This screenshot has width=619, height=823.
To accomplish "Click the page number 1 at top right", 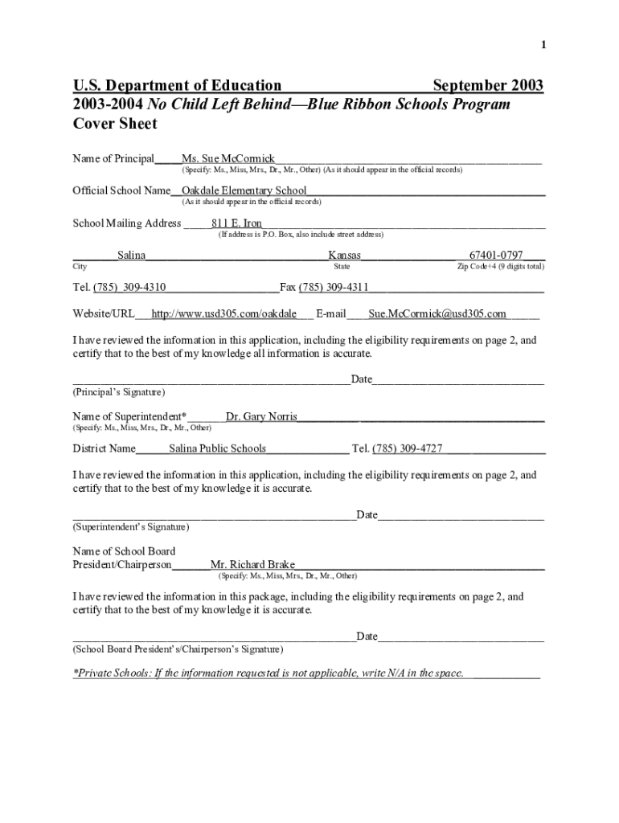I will coord(543,46).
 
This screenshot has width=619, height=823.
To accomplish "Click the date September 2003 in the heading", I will coord(488,86).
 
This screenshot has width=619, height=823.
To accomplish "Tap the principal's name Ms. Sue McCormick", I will coord(228,159).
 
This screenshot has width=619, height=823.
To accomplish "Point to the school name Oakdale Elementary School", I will coord(244,191).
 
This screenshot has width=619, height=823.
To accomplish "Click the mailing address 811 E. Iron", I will coord(236,223).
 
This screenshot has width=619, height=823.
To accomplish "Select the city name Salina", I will coord(132,256).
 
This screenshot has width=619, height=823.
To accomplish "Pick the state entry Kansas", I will coord(345,256).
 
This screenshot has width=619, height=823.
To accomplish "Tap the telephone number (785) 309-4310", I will coord(130,287).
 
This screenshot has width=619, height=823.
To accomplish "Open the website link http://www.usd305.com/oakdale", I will coord(224,314).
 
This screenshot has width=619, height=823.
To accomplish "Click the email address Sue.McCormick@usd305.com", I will coord(437,314).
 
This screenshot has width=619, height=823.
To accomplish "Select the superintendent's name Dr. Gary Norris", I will coord(261,417).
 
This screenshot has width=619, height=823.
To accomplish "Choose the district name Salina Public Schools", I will coord(217,448).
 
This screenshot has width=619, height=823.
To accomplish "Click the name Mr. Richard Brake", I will coord(252,565).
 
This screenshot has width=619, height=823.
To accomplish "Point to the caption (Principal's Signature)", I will coord(119,392).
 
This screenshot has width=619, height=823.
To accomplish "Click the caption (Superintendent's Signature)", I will coord(131,527).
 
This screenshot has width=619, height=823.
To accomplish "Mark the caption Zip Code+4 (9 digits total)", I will coord(500,267).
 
